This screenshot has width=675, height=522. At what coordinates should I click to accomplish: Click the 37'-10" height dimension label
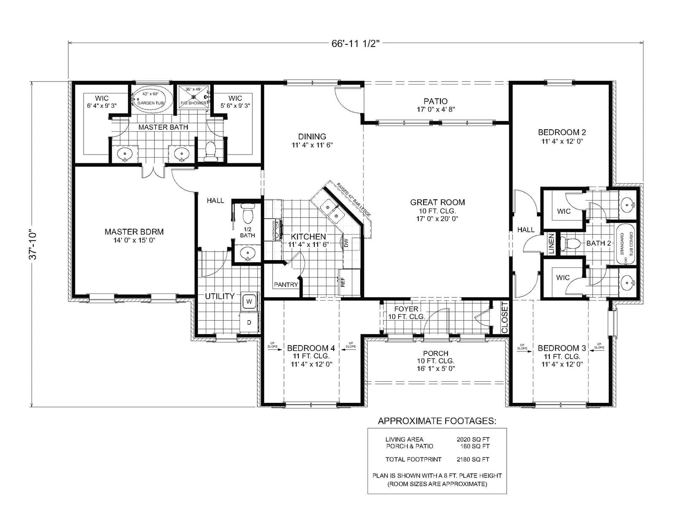(34, 245)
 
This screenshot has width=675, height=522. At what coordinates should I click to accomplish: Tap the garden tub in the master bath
(151, 100)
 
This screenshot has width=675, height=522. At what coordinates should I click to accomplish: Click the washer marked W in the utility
(249, 301)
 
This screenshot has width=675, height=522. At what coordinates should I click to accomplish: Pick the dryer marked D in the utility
(249, 322)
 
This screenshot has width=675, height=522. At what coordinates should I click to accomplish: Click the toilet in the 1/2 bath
(247, 214)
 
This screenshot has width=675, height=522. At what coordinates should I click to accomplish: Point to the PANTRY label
(286, 285)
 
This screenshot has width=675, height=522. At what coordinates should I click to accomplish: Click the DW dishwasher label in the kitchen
(346, 243)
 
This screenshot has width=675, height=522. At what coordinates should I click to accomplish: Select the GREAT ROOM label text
(437, 202)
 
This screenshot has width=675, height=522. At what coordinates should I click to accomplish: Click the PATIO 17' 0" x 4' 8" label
(435, 105)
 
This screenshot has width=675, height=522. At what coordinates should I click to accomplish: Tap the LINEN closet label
(551, 244)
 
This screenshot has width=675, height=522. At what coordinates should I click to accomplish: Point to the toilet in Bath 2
(571, 244)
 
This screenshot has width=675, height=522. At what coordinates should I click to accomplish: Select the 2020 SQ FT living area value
(473, 439)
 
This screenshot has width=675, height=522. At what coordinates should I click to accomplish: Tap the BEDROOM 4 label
(311, 348)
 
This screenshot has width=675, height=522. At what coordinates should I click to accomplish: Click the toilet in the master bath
(210, 151)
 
